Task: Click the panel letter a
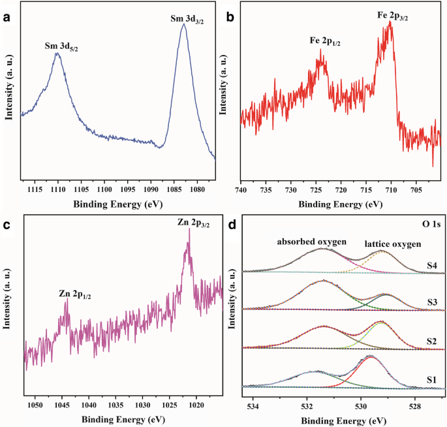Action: pyautogui.click(x=6, y=17)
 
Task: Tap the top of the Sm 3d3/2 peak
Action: pyautogui.click(x=185, y=25)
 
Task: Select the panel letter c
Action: pyautogui.click(x=6, y=225)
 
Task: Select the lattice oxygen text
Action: pyautogui.click(x=393, y=244)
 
